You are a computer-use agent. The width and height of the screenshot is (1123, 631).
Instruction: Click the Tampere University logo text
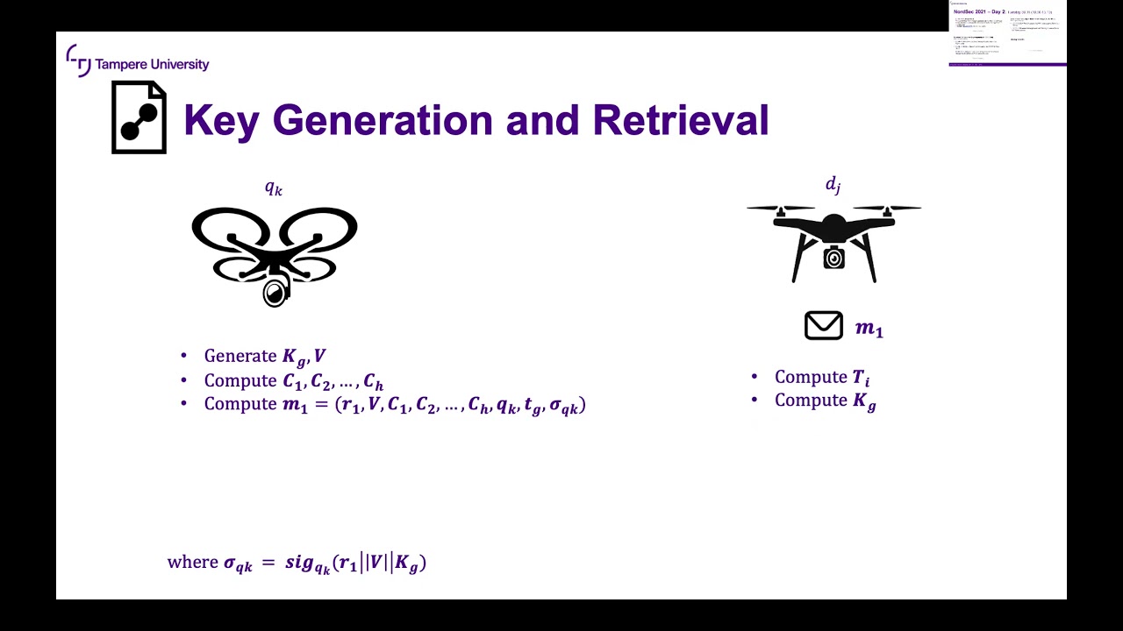[151, 64]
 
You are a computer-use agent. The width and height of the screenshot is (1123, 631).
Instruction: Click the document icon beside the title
[139, 117]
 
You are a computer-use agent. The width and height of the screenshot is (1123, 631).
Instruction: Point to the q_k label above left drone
[274, 188]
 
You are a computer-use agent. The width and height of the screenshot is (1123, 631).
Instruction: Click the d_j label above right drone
[833, 184]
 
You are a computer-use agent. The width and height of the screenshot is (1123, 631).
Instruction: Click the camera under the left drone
[275, 292]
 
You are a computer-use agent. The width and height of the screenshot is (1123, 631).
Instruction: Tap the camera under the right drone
[833, 258]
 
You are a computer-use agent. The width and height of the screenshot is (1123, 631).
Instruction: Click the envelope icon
[823, 326]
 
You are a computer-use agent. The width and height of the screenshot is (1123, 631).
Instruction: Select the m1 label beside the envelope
[869, 329]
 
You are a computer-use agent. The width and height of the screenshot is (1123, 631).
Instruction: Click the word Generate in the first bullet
[240, 356]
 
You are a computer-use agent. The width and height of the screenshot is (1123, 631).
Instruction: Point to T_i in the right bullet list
[861, 378]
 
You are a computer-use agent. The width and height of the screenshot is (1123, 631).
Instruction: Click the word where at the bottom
[192, 562]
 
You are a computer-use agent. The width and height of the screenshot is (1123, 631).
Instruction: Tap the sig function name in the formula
[301, 562]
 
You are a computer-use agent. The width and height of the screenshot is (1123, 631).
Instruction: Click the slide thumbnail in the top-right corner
[1007, 33]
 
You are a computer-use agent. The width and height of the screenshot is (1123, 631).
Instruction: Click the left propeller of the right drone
[781, 209]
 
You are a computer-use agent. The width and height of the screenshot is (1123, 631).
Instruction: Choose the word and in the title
[542, 120]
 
